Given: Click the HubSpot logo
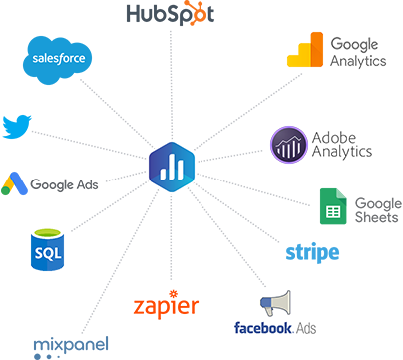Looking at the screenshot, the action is pos(171,13).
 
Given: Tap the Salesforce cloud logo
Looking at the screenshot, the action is pos(57,60).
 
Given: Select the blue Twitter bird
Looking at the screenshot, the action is pos(17,127).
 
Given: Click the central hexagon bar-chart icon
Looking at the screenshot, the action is pos(172,167).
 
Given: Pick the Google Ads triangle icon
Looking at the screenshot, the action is pos(14,183).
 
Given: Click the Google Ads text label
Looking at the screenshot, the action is pos(64,184).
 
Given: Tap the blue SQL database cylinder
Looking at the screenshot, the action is pos(47,249).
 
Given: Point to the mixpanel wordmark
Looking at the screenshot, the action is pos(71,346).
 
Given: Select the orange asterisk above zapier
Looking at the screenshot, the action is pos(174,294).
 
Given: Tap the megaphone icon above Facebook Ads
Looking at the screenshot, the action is pos(275,303).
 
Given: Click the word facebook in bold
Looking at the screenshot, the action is pos(263,328).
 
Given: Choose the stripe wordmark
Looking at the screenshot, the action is pos(312,253).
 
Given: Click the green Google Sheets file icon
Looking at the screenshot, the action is pos(333,206).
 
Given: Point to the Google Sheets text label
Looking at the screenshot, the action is pos(378,210).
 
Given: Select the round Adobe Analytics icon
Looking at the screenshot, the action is pos(289,145).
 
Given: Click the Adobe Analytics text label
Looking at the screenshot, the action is pos(342,145).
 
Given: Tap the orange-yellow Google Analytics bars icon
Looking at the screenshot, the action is pos(305,50).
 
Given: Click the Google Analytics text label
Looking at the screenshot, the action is pos(358,53).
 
